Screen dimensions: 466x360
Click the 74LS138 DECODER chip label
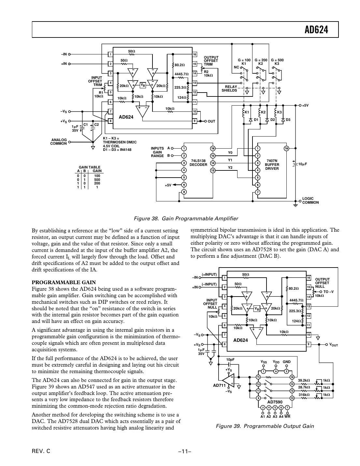[198, 163]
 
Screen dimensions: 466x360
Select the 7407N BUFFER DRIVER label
[272, 165]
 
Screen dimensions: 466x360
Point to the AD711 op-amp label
[219, 386]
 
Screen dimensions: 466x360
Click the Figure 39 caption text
[265, 426]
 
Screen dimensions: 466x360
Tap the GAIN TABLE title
[90, 167]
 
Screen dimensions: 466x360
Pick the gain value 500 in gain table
[97, 179]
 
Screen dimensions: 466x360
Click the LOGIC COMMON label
[310, 200]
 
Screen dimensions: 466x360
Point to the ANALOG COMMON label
[59, 141]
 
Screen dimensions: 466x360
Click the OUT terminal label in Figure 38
[211, 121]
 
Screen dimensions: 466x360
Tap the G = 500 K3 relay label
[277, 62]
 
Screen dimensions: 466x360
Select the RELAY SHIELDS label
[229, 89]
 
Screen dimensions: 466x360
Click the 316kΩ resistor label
[304, 395]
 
